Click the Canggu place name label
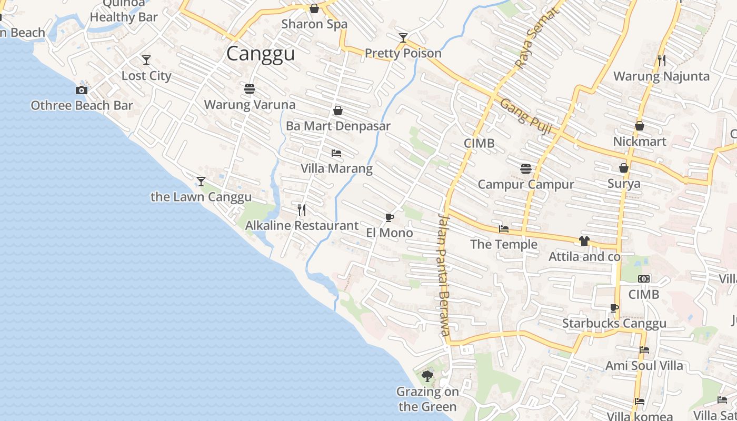[261, 54]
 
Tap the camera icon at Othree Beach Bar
[82, 90]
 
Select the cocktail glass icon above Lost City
[146, 60]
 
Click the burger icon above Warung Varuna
[250, 88]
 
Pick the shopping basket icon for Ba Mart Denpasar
[338, 111]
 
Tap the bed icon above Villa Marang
[336, 153]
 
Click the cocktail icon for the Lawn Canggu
[201, 182]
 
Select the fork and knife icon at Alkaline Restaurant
[302, 210]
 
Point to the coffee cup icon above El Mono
[389, 217]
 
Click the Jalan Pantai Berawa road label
[443, 274]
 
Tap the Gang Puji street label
[525, 116]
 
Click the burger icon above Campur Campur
[525, 169]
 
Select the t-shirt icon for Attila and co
[584, 242]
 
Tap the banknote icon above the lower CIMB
[644, 279]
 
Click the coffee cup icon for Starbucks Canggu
[614, 308]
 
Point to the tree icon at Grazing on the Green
[427, 376]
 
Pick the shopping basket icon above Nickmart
[640, 126]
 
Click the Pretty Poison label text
[403, 53]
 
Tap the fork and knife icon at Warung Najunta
[662, 61]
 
